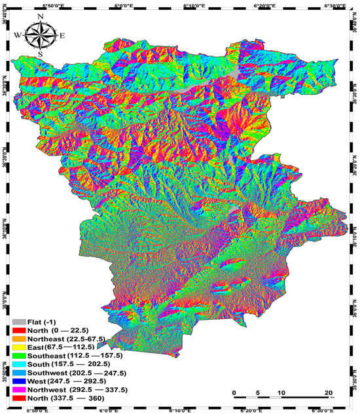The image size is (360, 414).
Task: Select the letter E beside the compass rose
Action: pyautogui.click(x=62, y=36)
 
